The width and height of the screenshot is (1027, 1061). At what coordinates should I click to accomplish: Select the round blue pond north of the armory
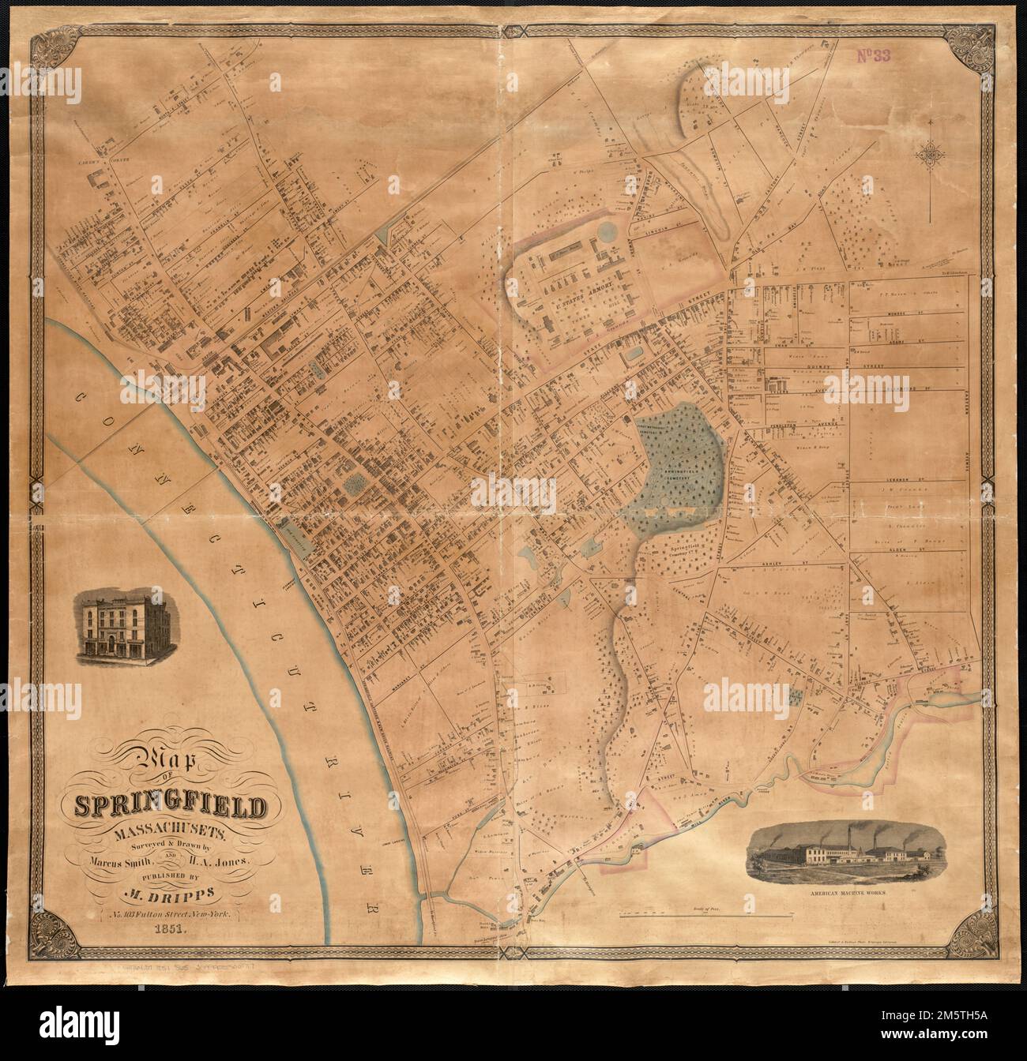click(x=608, y=232)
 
